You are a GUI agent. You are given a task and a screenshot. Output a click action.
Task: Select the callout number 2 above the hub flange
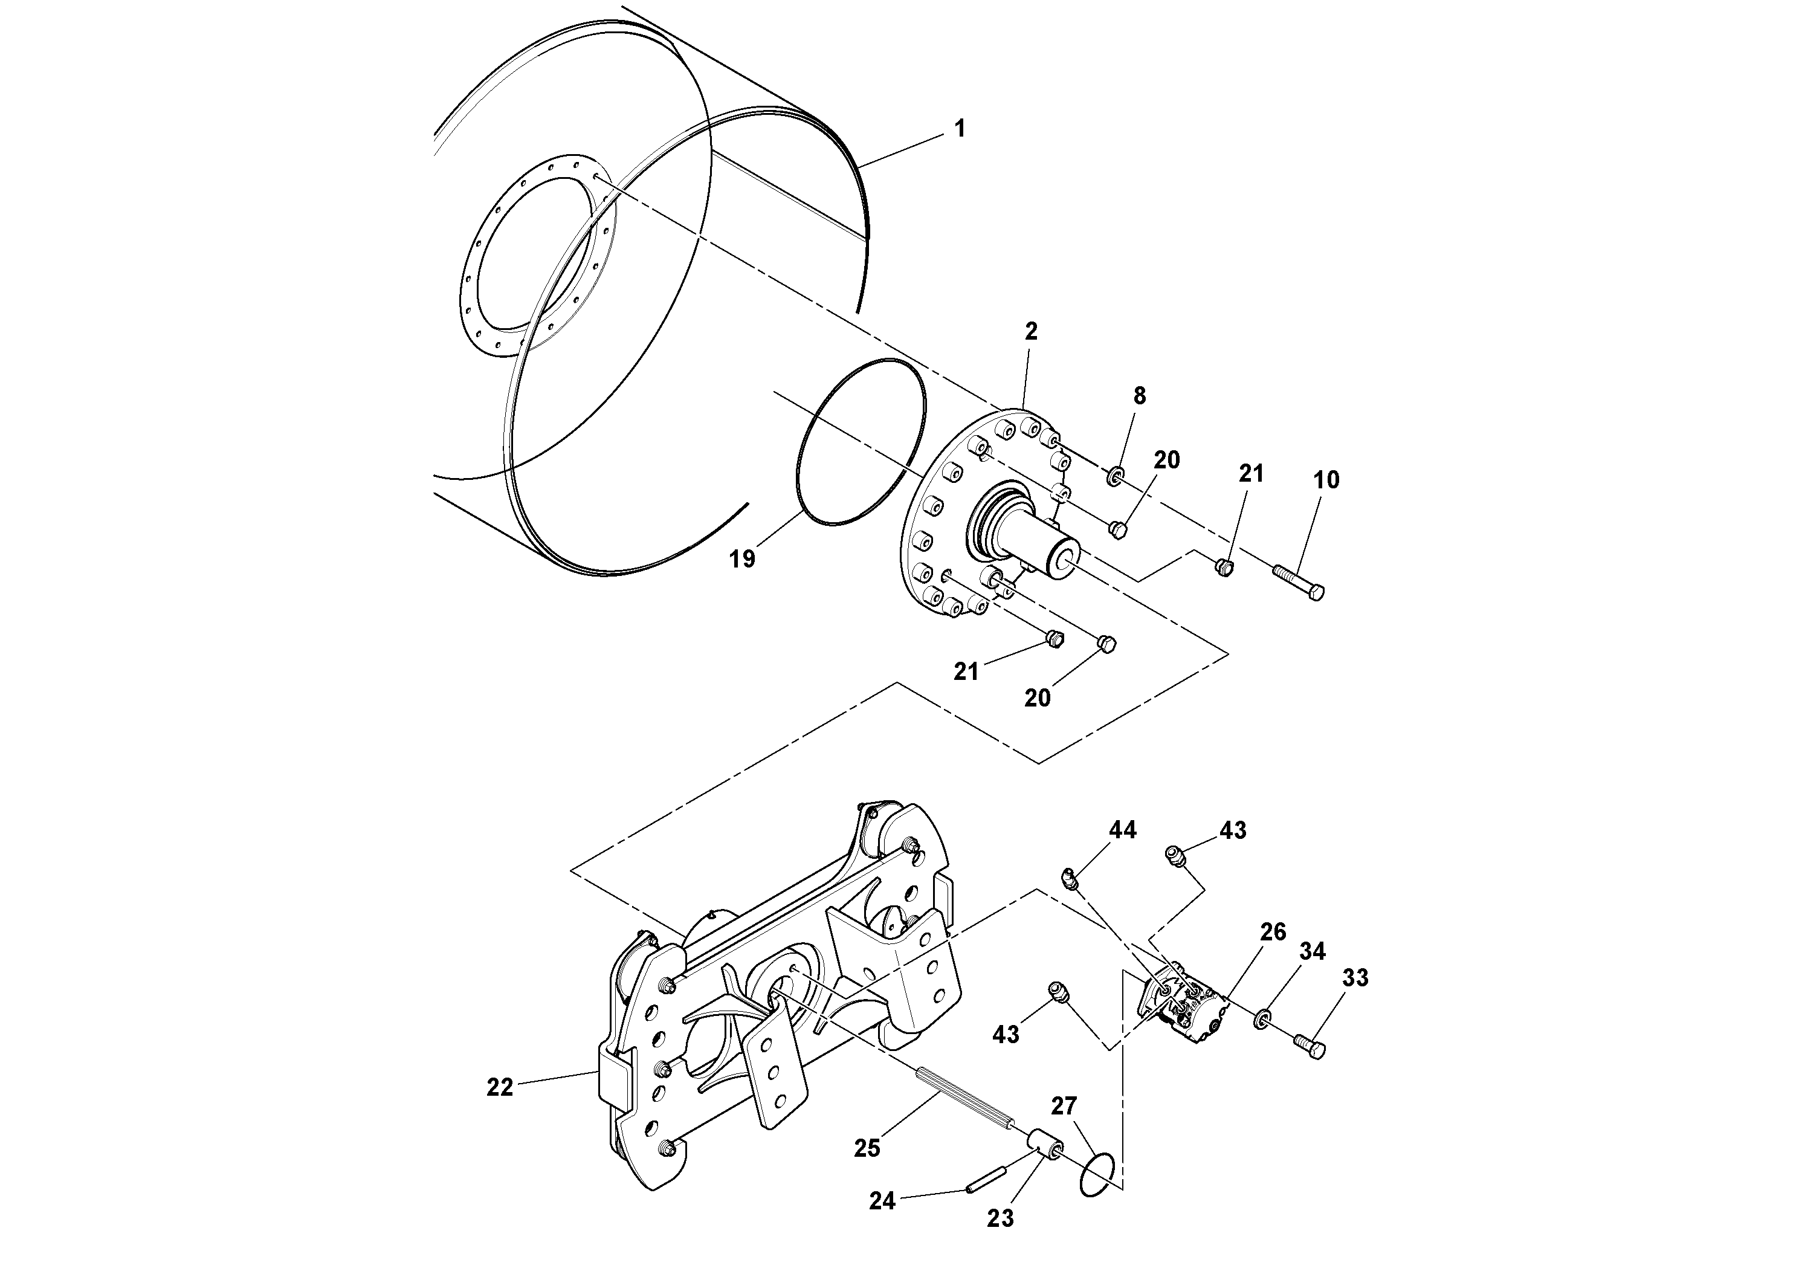(1031, 331)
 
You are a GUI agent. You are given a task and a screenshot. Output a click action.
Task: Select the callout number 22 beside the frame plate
(500, 1088)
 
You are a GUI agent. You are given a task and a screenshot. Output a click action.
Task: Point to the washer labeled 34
(1262, 1020)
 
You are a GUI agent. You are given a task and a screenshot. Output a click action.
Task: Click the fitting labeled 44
(1069, 878)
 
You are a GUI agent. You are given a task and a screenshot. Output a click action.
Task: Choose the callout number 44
(1122, 830)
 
